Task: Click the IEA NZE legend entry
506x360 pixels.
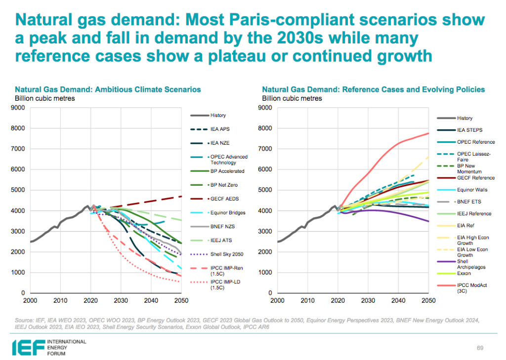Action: coord(219,143)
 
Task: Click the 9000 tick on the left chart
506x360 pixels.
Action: coord(19,108)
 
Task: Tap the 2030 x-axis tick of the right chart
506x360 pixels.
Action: coord(367,300)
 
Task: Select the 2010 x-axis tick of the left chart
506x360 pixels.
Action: coord(60,300)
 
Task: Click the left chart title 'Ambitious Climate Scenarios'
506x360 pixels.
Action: coord(108,90)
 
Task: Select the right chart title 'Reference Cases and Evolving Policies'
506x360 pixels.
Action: coord(374,90)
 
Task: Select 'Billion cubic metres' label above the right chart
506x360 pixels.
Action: coord(292,98)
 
